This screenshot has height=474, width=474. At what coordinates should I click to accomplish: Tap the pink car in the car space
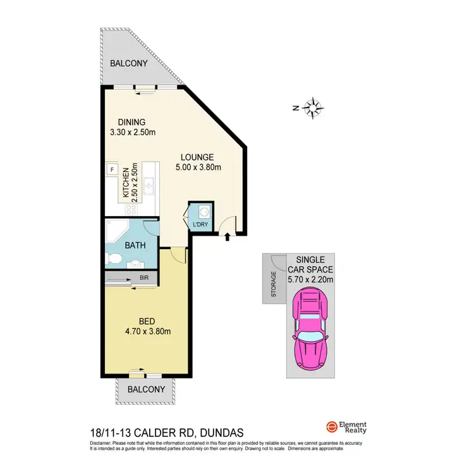pos(310,329)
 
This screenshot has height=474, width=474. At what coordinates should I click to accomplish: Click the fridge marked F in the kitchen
pos(112,169)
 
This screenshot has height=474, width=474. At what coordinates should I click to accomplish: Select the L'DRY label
pos(200,226)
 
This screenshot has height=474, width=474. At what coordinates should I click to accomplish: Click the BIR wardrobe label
pos(143,277)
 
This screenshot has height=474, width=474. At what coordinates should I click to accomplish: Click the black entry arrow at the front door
pos(228,237)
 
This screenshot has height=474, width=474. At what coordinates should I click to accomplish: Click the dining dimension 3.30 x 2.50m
pos(132,132)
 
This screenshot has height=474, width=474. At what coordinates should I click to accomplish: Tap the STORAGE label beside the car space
pos(274,284)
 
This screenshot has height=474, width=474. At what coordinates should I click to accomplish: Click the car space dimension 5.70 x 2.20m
pos(310,278)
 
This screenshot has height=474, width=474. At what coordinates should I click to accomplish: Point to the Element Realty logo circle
pos(331,427)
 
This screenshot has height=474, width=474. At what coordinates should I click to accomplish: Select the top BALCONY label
pos(128,63)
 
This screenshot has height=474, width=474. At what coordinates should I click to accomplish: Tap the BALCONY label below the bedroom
pos(146,389)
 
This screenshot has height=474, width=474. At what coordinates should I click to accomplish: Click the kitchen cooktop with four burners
pos(133,209)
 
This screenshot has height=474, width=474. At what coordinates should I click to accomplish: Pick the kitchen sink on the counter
pos(149,186)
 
